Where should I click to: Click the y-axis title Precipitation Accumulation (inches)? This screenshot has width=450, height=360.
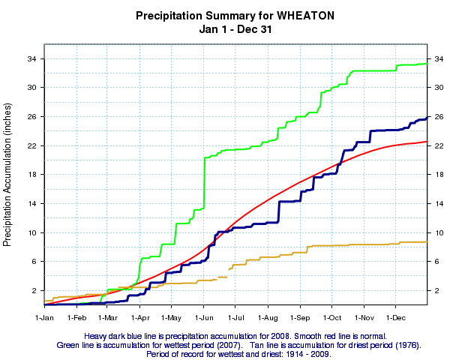tap(8, 181)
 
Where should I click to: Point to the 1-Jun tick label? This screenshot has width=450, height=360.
tap(203, 318)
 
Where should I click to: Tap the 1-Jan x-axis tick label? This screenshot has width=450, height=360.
tap(45, 318)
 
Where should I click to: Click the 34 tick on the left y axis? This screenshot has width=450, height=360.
tap(34, 58)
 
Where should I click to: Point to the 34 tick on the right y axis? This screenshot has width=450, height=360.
tap(437, 58)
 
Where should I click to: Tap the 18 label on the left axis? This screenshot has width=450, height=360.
tap(34, 175)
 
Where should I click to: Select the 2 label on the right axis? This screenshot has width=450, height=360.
tap(435, 290)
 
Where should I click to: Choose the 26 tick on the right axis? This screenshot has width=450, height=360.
tap(437, 116)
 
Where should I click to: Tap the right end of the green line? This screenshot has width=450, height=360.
tap(427, 63)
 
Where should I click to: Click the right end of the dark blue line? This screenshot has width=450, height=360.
tap(427, 118)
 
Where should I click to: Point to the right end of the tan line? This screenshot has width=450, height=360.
tap(427, 241)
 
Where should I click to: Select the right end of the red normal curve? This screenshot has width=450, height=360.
tap(427, 141)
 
